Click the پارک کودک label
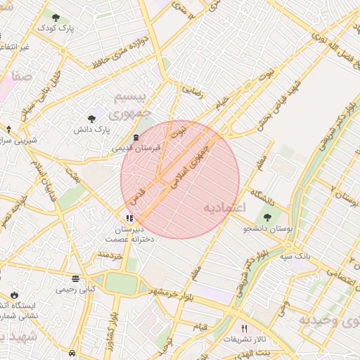pos(56,27)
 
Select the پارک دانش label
pos(93,130)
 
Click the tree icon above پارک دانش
pos(92,118)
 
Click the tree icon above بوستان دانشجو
pos(267,215)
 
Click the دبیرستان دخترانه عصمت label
pos(129,234)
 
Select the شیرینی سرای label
pos(19,140)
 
